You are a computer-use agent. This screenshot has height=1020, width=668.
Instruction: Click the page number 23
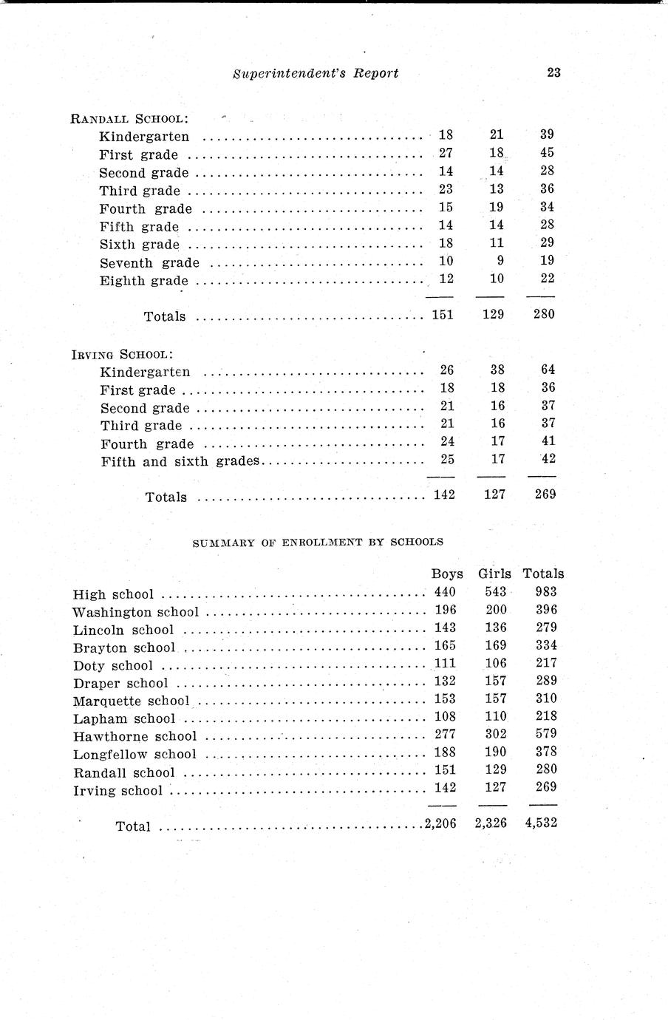pos(553,72)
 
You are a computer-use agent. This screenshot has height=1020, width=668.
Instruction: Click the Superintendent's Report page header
pos(316,72)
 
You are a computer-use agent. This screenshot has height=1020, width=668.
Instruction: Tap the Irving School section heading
pos(123,354)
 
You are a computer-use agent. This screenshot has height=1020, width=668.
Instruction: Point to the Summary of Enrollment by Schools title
pos(318,542)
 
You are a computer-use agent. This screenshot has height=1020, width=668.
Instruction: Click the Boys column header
pos(447,574)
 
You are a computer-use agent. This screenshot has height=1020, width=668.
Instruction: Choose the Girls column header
pos(494,574)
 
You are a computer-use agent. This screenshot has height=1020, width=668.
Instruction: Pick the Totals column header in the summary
pos(543,574)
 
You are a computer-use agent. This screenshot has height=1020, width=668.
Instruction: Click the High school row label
pos(114,594)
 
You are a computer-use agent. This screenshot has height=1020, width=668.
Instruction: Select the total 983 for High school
pos(545,591)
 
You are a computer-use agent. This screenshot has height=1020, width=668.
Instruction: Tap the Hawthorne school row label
pos(135,736)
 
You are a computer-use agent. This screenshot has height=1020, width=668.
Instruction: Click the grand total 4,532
pos(541,823)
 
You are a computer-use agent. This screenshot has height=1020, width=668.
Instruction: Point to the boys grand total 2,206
pos(441,823)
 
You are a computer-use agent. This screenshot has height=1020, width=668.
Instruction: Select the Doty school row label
pos(113,665)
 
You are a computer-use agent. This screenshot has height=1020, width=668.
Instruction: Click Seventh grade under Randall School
pos(149,262)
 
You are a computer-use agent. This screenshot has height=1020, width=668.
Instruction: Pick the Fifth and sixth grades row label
pos(180,462)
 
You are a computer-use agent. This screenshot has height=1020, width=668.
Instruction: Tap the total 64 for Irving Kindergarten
pos(548,370)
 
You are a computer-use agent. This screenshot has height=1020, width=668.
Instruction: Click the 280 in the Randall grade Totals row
pos(544,313)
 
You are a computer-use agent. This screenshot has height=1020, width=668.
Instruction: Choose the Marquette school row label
pos(132,701)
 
